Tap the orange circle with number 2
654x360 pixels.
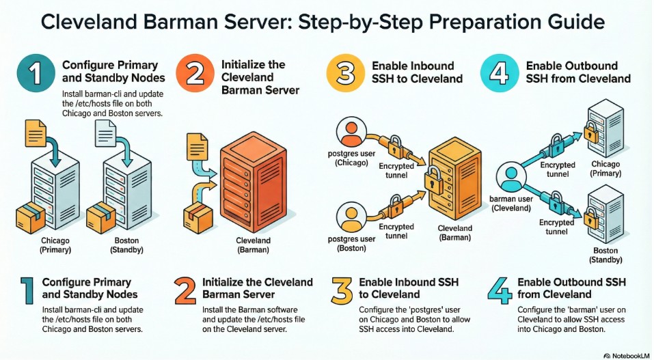point(195,74)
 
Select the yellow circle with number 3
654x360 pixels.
point(345,74)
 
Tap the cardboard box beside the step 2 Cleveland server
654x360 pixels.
point(197,217)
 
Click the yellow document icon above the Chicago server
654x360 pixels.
point(36,133)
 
